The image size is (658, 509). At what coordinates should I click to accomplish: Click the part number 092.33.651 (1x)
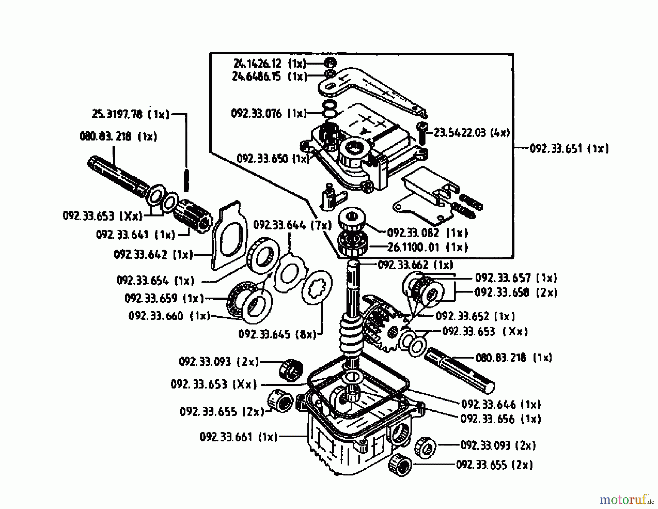coord(569,149)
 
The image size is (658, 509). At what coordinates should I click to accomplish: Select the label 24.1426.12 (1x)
coord(269,64)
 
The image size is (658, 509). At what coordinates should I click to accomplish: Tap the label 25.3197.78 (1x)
coord(131,114)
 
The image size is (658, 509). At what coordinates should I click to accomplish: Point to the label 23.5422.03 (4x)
coord(472,133)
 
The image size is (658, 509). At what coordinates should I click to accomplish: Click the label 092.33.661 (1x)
coord(238,437)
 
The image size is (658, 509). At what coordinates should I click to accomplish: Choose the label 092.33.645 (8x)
coord(277,334)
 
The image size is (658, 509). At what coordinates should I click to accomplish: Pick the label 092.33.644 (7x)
coord(292,225)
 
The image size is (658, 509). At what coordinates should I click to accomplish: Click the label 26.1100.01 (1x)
coord(427,247)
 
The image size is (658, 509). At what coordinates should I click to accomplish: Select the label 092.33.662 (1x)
coord(415,265)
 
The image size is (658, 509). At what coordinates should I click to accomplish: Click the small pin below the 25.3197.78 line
coord(186,180)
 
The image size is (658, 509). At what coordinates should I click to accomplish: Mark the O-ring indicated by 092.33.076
coord(330,110)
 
